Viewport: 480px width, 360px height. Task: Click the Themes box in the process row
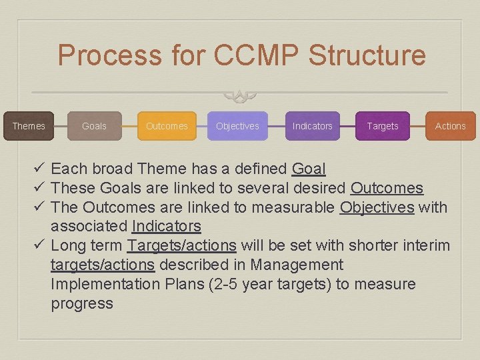tap(29, 126)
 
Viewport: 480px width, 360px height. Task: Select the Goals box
tap(94, 126)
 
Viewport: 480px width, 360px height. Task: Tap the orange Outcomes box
tap(167, 126)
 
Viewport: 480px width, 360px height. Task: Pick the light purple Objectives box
tap(237, 126)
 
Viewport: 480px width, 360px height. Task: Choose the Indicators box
tap(312, 126)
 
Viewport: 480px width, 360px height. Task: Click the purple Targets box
tap(383, 126)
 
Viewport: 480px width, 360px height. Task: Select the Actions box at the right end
tap(450, 126)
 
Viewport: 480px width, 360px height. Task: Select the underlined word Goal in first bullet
tap(309, 169)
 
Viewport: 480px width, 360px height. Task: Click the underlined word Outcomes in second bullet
tap(387, 188)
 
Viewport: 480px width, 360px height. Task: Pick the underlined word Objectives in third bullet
tap(377, 207)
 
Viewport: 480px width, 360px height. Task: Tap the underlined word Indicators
tap(167, 227)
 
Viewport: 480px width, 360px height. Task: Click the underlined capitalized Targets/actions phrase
tap(181, 246)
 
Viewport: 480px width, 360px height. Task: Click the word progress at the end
tap(82, 304)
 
